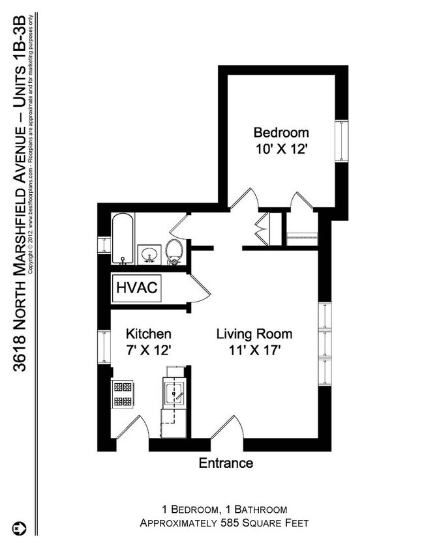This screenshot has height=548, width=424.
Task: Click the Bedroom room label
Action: pyautogui.click(x=280, y=133)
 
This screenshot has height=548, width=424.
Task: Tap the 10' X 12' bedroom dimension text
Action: pyautogui.click(x=280, y=149)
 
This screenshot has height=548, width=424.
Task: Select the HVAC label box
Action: pyautogui.click(x=137, y=288)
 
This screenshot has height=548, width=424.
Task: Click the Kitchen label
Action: pyautogui.click(x=148, y=334)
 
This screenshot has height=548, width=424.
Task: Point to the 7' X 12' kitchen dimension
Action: pyautogui.click(x=148, y=350)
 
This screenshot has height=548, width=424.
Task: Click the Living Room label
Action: pyautogui.click(x=254, y=334)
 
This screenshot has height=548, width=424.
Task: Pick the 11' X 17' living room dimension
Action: pyautogui.click(x=254, y=350)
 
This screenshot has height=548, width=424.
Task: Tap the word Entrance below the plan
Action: pyautogui.click(x=226, y=463)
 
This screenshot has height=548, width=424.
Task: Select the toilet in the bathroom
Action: pyautogui.click(x=174, y=251)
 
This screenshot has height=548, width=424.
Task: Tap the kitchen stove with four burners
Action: pyautogui.click(x=123, y=394)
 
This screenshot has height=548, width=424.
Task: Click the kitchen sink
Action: pyautogui.click(x=174, y=393)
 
